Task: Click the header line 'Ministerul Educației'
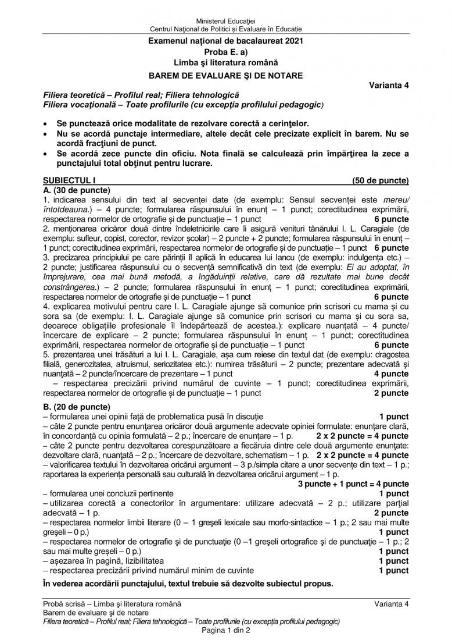pyautogui.click(x=225, y=21)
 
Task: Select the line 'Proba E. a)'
pyautogui.click(x=225, y=52)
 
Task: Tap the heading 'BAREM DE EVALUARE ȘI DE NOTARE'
pyautogui.click(x=225, y=74)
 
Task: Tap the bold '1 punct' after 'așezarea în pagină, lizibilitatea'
pyautogui.click(x=393, y=561)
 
